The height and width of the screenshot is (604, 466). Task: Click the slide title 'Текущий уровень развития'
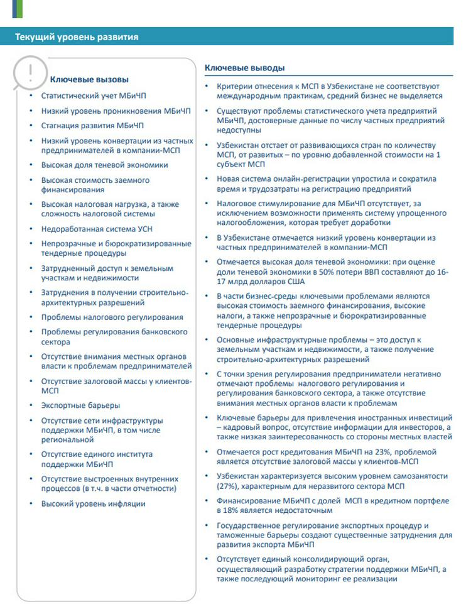pos(77,37)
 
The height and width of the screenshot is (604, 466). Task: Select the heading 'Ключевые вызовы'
pos(89,80)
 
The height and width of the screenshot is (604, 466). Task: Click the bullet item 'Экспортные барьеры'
pos(80,405)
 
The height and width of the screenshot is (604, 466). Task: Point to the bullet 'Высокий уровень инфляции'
pos(93,503)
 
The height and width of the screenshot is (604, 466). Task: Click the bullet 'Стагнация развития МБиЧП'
pos(92,126)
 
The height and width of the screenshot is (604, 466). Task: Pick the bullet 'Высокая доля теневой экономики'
pos(104,165)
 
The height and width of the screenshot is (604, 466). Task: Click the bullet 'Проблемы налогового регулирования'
pos(112,317)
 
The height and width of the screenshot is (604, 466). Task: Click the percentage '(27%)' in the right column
pos(226,486)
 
